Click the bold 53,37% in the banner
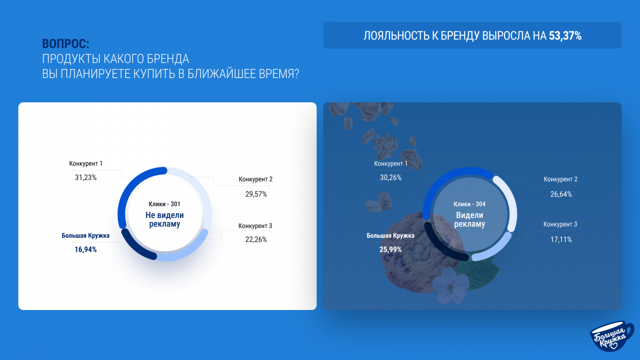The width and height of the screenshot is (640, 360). [565, 36]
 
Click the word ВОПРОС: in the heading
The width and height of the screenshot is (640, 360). [66, 44]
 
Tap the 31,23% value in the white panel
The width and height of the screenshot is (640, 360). [86, 178]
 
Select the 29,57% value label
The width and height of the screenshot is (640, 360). [256, 194]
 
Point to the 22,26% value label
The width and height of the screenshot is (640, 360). [256, 240]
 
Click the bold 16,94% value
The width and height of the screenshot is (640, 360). [86, 250]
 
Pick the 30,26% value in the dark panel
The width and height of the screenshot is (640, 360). [390, 178]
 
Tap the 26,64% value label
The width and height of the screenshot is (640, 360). [561, 194]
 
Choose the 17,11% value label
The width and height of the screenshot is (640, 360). [561, 240]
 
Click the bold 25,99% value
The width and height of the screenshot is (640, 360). [390, 250]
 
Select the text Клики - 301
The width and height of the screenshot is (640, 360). [164, 204]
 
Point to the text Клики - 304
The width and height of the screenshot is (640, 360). [470, 204]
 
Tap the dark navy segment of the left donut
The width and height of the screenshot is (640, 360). [135, 247]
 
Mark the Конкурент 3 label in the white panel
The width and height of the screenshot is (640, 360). [256, 226]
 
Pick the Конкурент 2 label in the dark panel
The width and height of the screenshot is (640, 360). [560, 179]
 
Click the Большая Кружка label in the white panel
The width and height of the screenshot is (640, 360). [86, 236]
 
